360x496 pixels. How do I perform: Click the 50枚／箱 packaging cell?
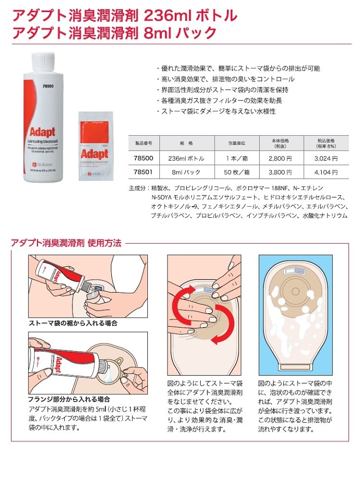(x=236, y=172)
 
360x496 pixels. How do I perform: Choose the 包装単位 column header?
(x=236, y=143)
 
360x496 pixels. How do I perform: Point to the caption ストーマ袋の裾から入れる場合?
(x=73, y=323)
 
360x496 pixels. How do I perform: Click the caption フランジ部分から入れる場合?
(x=70, y=399)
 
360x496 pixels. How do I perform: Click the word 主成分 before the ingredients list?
(x=139, y=189)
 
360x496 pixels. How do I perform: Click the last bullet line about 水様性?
(x=216, y=111)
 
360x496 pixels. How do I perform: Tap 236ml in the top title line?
(x=163, y=15)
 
